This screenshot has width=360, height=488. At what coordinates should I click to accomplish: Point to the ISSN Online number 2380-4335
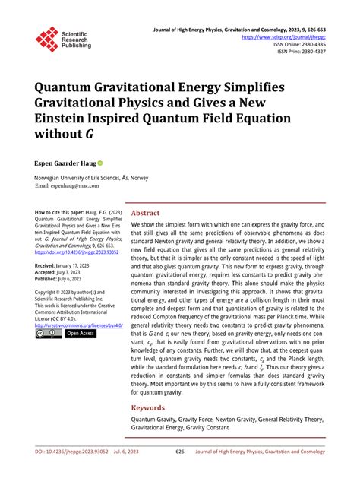click(x=311, y=44)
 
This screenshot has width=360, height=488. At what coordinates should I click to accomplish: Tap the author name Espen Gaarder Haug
click(x=64, y=163)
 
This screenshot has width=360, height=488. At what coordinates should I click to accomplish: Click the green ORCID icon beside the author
click(x=99, y=163)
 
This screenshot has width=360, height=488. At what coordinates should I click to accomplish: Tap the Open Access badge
click(x=80, y=333)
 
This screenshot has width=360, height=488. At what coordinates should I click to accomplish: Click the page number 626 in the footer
click(x=180, y=473)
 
